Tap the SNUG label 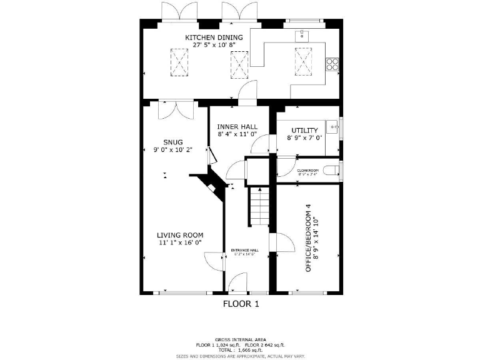coord(173,142)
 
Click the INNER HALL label coord(237,126)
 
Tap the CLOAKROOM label coord(307,170)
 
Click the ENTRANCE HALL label coord(246,250)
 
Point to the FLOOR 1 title coord(241,304)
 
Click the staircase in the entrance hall coord(259,206)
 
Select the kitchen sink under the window coord(304,34)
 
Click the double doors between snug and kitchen coord(176,111)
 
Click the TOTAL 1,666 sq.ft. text coord(241,351)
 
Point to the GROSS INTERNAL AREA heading coord(241,339)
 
